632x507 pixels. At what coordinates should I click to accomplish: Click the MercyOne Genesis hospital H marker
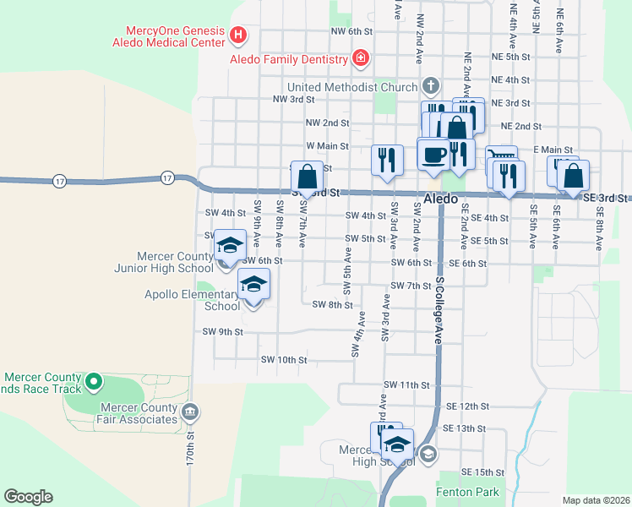pyautogui.click(x=238, y=36)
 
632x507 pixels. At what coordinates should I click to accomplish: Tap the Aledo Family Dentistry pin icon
pyautogui.click(x=361, y=59)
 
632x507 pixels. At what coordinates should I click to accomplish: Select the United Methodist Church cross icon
pyautogui.click(x=430, y=86)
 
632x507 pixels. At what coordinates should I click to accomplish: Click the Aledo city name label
pyautogui.click(x=441, y=199)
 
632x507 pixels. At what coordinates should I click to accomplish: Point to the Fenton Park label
pyautogui.click(x=467, y=492)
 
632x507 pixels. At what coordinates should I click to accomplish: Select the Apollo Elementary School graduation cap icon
pyautogui.click(x=253, y=284)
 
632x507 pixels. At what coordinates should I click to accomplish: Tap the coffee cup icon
pyautogui.click(x=434, y=155)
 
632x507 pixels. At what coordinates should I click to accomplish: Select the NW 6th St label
pyautogui.click(x=352, y=31)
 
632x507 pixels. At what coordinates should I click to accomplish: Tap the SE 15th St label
pyautogui.click(x=482, y=472)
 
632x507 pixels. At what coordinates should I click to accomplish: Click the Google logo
pyautogui.click(x=28, y=497)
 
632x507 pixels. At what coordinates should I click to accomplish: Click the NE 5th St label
pyautogui.click(x=509, y=57)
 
